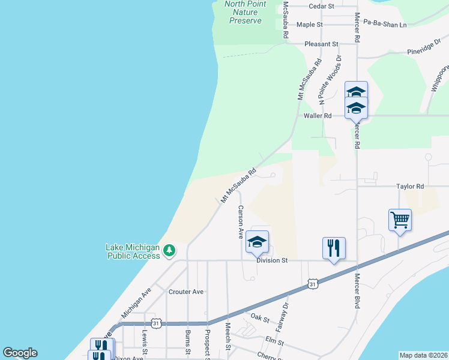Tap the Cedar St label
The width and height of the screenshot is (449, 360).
(321, 6)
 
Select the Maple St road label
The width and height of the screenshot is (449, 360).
(310, 25)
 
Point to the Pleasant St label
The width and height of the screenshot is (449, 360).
(321, 44)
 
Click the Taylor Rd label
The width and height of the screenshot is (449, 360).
(410, 187)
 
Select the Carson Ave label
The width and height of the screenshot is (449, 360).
(241, 222)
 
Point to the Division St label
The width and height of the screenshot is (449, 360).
(273, 260)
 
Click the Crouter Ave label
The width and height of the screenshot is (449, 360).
(187, 292)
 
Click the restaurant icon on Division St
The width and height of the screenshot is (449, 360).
(333, 247)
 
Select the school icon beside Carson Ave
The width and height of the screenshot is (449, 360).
(257, 241)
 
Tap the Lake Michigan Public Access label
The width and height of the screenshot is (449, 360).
(133, 251)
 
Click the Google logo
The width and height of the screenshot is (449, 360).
(20, 353)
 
